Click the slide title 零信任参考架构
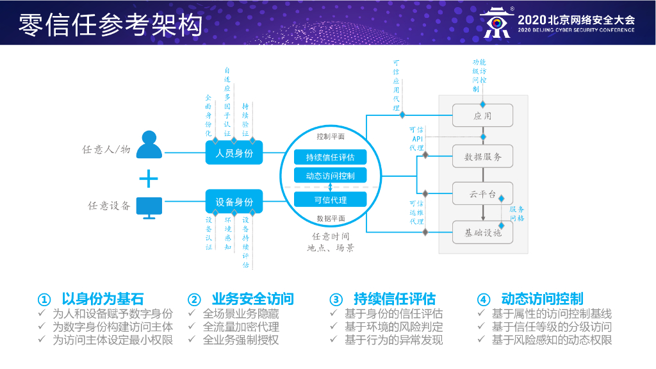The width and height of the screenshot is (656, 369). click(110, 24)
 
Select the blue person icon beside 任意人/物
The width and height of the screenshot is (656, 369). click(149, 145)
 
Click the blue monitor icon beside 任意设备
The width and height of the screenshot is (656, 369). click(149, 206)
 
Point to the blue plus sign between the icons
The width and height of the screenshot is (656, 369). click(149, 178)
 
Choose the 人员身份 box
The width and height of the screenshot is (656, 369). click(234, 154)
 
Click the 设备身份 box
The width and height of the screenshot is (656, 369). click(234, 202)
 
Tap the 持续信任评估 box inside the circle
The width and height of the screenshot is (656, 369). click(331, 157)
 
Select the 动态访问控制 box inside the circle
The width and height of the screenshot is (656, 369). click(331, 175)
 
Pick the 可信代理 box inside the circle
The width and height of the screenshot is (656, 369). click(331, 200)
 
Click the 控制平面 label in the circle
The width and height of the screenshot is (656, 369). click(331, 136)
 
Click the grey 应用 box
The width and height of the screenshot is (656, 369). click(483, 116)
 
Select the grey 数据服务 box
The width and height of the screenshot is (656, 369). click(483, 156)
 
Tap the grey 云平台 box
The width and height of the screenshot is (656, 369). click(483, 193)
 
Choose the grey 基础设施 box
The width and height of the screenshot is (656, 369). click(483, 233)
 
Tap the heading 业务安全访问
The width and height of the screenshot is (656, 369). click(252, 299)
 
